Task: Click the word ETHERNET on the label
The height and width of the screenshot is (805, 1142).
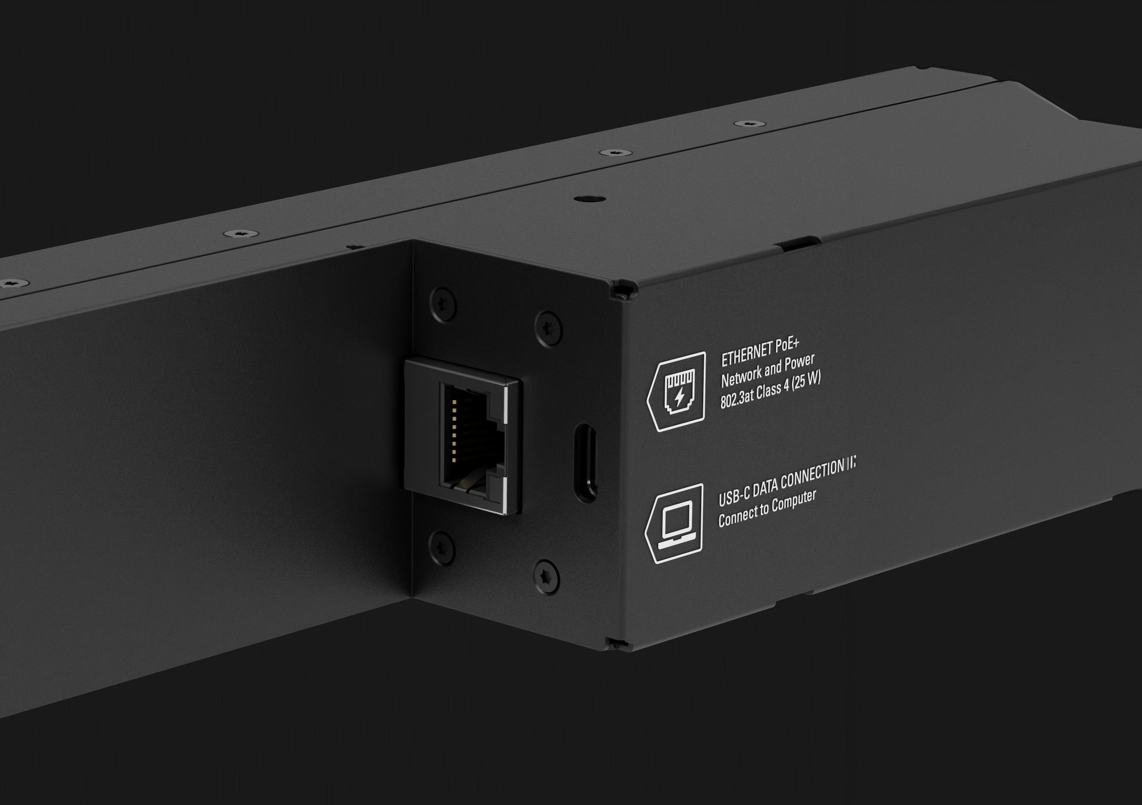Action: pyautogui.click(x=745, y=354)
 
